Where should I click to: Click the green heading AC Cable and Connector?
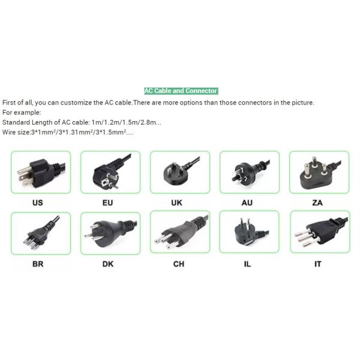181,91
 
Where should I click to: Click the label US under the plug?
38,203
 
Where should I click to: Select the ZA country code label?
317,203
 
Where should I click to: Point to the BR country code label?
38,263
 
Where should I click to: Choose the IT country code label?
317,263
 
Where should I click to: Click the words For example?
22,112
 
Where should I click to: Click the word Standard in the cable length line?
15,122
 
